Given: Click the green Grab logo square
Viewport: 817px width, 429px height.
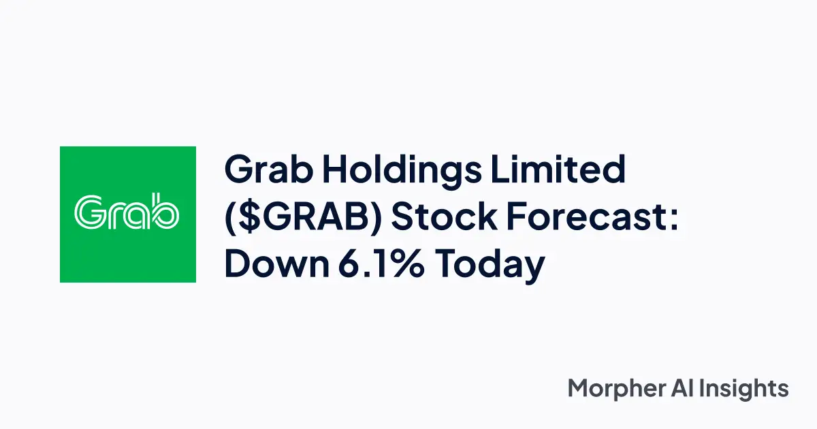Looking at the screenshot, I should coord(128,214).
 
